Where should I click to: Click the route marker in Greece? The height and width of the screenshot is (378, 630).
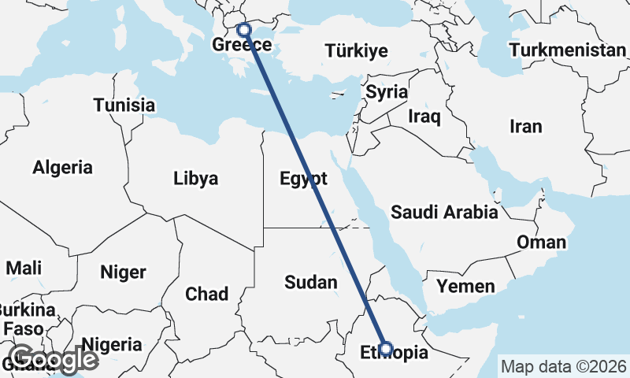tap(244, 30)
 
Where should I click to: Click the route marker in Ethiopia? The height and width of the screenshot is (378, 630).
tap(386, 348)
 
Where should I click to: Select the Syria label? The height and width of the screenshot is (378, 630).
tap(387, 92)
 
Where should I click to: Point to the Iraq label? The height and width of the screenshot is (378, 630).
tap(424, 116)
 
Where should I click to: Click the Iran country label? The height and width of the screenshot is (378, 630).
tap(526, 126)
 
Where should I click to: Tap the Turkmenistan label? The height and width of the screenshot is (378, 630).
tap(567, 50)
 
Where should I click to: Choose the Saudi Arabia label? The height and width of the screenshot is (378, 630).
tap(444, 212)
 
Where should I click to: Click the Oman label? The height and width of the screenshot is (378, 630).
tap(541, 242)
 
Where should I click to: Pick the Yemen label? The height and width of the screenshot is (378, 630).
tap(466, 286)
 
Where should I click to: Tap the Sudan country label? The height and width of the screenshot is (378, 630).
tap(310, 282)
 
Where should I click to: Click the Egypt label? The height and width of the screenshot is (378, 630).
tap(303, 179)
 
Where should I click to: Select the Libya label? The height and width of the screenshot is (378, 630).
tap(195, 179)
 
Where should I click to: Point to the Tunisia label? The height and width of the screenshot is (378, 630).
tap(124, 105)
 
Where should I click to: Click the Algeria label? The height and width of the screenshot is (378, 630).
tap(62, 167)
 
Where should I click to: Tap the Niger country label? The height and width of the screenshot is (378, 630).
tap(123, 272)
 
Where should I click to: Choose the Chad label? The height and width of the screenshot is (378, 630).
tap(206, 295)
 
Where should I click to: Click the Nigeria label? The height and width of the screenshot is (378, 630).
tap(112, 344)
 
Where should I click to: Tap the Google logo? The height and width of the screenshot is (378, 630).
tap(54, 360)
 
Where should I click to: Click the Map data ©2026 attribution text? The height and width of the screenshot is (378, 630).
tap(564, 366)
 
